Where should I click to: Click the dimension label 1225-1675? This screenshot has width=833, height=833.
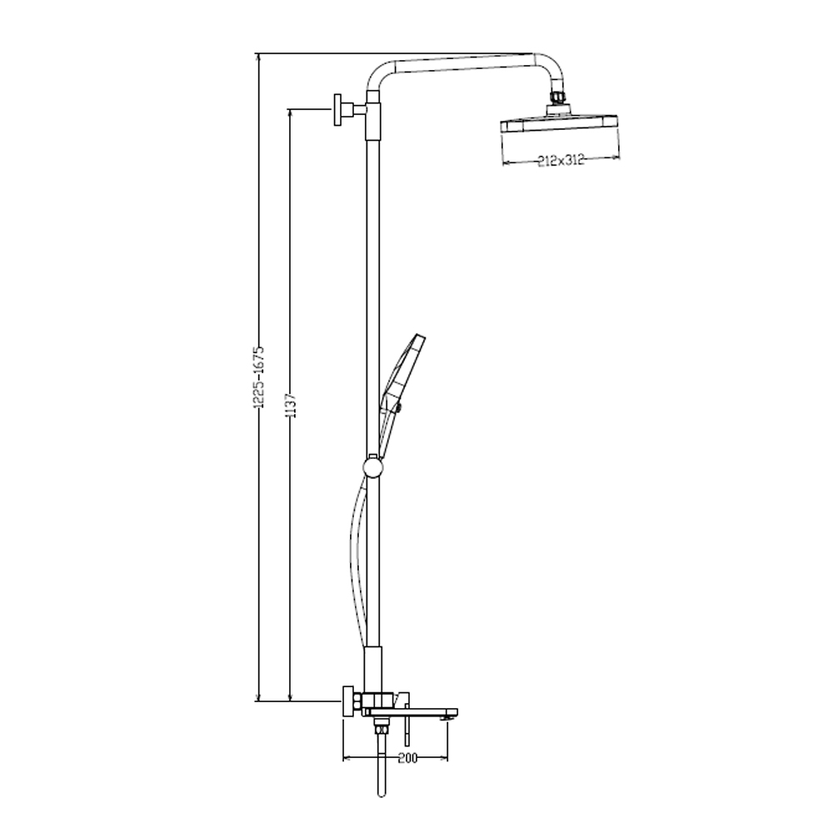[259, 377]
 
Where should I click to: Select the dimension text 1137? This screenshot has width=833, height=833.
[291, 405]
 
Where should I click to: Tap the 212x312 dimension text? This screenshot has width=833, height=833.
[561, 159]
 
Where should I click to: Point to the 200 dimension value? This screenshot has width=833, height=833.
[407, 757]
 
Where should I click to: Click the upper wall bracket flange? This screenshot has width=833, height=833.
[338, 110]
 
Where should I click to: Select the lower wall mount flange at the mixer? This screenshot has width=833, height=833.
[348, 701]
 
